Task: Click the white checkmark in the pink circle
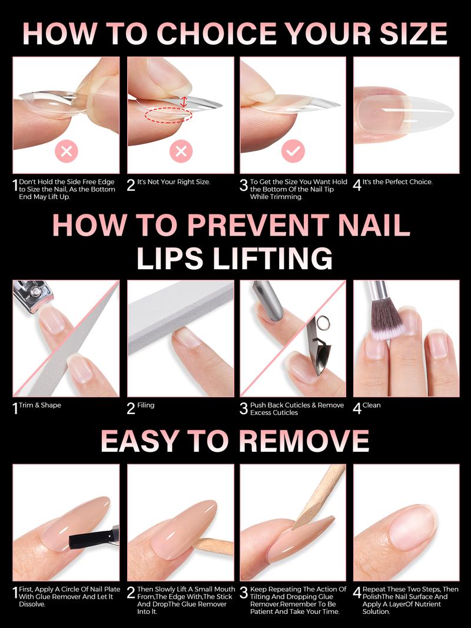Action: click(x=293, y=151)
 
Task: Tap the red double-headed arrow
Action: click(x=183, y=101)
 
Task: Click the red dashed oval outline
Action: click(x=168, y=115)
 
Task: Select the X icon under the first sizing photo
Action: click(x=67, y=151)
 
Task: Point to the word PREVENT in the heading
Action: click(x=258, y=224)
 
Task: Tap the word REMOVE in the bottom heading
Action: click(x=304, y=441)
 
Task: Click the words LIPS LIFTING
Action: click(x=235, y=258)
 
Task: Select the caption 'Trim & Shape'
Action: click(x=40, y=405)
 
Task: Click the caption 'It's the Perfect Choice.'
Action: click(x=398, y=182)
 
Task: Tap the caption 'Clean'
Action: click(x=372, y=405)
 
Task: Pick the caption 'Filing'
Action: click(x=145, y=405)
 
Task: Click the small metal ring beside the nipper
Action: click(x=322, y=323)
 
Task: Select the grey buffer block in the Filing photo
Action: click(x=181, y=316)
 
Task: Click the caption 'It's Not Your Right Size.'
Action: click(x=174, y=182)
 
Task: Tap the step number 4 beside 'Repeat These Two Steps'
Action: click(x=357, y=593)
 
